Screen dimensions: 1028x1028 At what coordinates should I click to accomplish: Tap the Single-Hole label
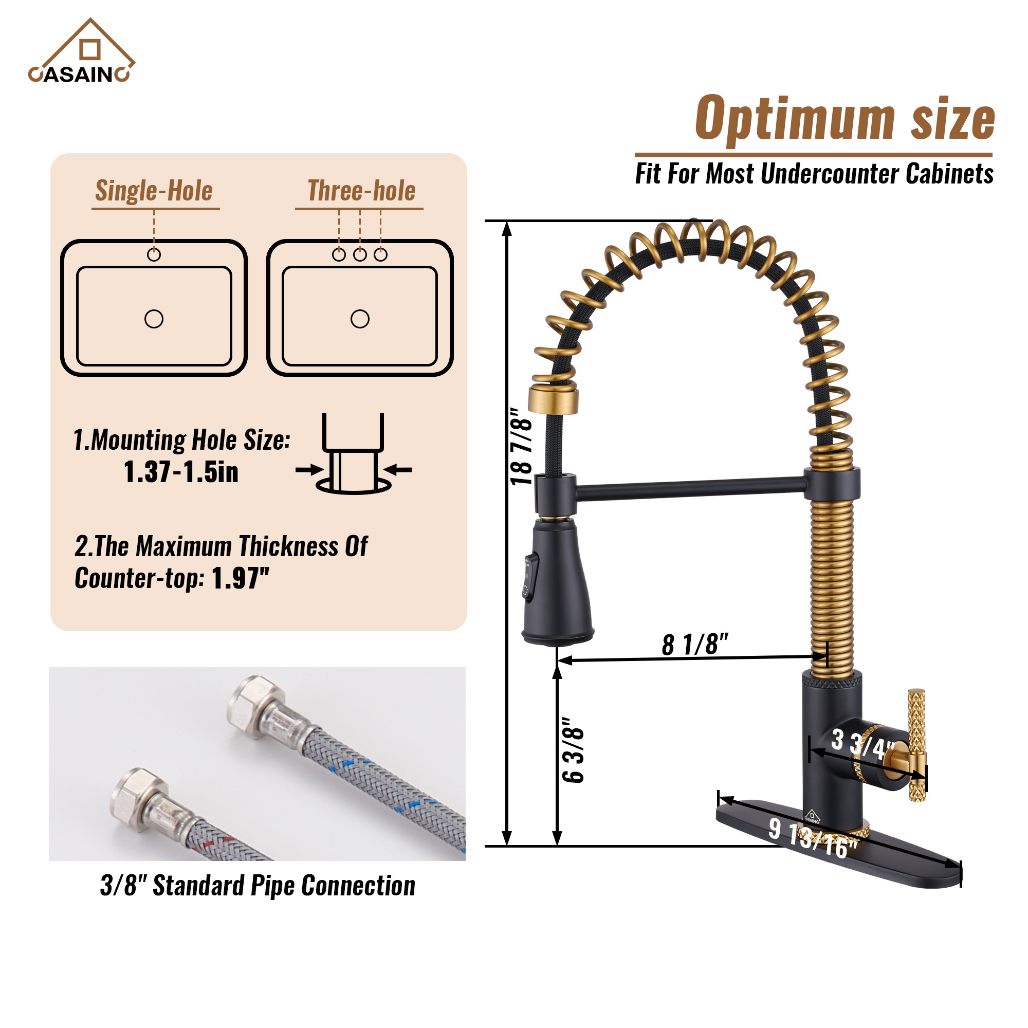pyautogui.click(x=154, y=191)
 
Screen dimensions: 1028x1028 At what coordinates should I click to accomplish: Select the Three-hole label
pyautogui.click(x=361, y=191)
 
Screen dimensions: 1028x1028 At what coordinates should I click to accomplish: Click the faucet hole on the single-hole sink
pyautogui.click(x=154, y=255)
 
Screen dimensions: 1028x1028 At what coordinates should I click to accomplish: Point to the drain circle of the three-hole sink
pyautogui.click(x=360, y=319)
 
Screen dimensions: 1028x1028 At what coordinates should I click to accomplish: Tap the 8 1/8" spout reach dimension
pyautogui.click(x=694, y=645)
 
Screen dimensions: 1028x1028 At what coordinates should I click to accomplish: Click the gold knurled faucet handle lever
pyautogui.click(x=916, y=745)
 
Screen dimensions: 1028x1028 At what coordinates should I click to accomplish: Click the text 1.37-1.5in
pyautogui.click(x=181, y=472)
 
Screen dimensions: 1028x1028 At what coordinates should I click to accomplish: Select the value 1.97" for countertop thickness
pyautogui.click(x=241, y=578)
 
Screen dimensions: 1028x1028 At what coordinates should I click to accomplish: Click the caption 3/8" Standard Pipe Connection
pyautogui.click(x=258, y=886)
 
